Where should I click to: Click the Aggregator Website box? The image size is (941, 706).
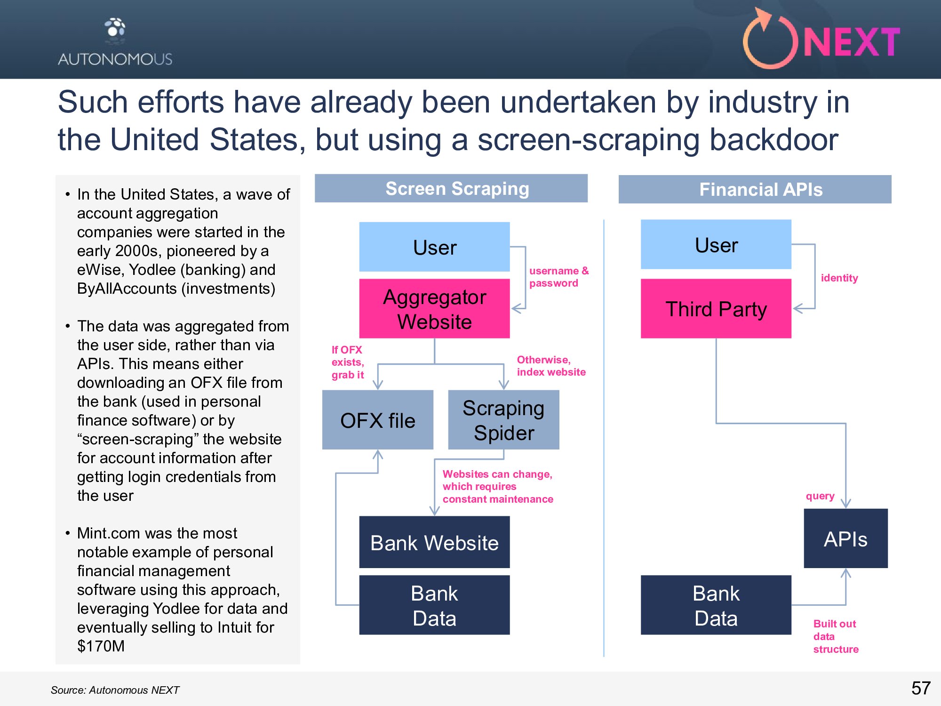click(434, 309)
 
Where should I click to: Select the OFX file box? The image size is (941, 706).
click(377, 420)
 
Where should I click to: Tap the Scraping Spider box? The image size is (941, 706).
click(503, 420)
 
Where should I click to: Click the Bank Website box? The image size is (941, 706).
click(434, 542)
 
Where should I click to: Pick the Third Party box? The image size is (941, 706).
click(716, 309)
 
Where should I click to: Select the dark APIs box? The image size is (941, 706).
click(845, 538)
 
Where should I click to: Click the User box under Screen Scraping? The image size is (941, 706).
click(434, 247)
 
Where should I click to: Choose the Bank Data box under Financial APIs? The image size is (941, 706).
click(716, 605)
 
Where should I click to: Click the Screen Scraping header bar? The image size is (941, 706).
click(451, 189)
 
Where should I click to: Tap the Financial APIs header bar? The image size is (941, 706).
click(755, 190)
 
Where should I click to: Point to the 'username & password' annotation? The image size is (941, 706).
click(558, 277)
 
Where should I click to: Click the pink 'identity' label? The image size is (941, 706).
click(839, 278)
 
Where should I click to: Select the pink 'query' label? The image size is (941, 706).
click(820, 496)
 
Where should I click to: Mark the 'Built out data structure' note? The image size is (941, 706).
click(836, 636)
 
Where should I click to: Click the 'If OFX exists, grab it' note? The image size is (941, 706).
click(348, 362)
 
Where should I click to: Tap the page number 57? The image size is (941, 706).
click(921, 688)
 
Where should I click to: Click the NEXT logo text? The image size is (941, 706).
click(852, 42)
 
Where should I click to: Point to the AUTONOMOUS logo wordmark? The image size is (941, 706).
click(115, 59)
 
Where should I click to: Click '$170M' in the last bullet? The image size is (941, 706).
click(101, 646)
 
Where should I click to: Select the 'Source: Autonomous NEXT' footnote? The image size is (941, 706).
click(115, 690)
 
